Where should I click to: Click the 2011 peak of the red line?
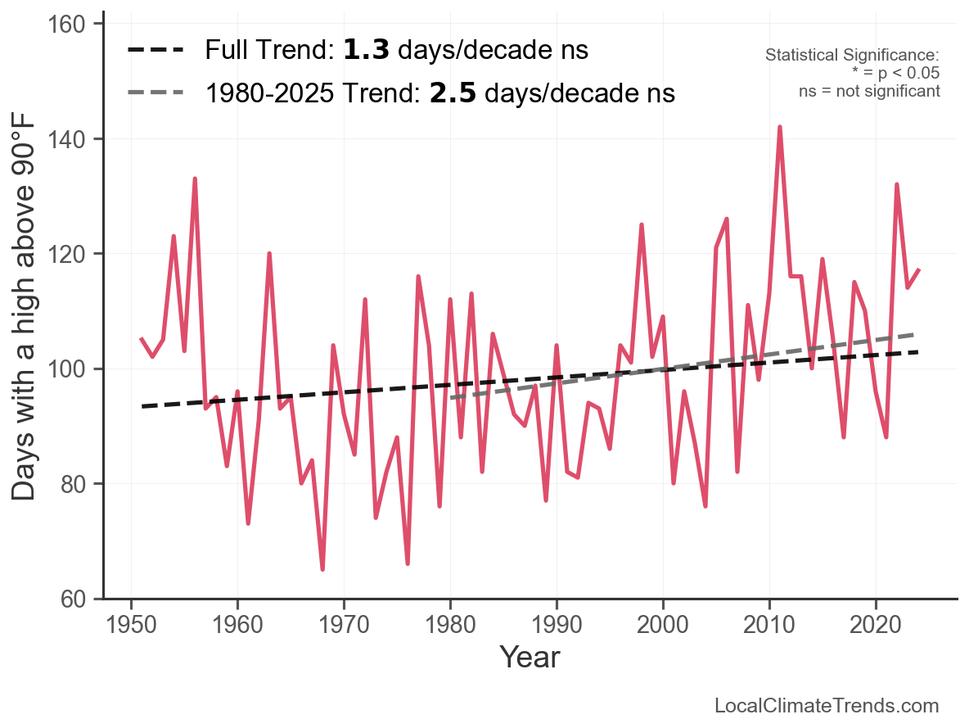point(780,128)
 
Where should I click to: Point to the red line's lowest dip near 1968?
point(322,568)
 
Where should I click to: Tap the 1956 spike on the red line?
point(195,179)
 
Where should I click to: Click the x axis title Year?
point(530,657)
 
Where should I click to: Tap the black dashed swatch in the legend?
point(155,51)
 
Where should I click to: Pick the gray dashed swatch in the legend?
point(155,93)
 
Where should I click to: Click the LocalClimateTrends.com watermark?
point(827,706)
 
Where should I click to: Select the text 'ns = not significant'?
point(869,91)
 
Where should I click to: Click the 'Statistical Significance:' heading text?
point(852,55)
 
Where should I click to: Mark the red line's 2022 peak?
point(897,185)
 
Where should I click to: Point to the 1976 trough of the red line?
point(408,563)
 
